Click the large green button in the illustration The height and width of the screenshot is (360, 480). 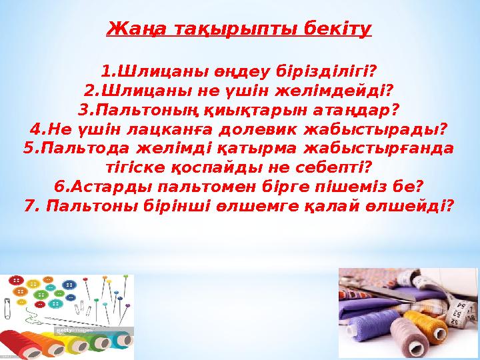41,293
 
